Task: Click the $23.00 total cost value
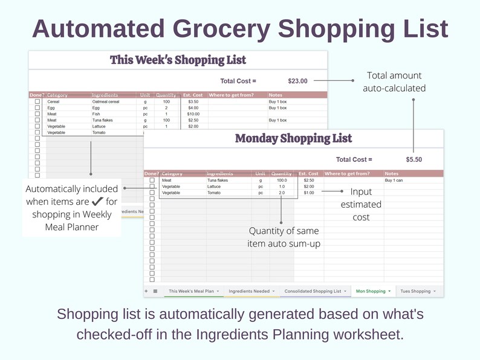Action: tap(297, 81)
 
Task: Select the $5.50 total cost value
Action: tap(414, 159)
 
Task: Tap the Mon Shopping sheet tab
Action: tap(371, 291)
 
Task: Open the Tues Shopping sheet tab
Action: tap(415, 291)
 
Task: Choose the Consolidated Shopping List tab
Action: tap(313, 291)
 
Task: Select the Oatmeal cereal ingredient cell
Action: tap(106, 101)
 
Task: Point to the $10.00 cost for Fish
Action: tap(193, 114)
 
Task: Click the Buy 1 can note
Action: tap(394, 180)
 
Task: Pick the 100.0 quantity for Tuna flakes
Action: tap(282, 180)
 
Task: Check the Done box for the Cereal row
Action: tap(37, 101)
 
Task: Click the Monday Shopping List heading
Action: tap(293, 138)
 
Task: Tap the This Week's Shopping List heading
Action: tap(178, 60)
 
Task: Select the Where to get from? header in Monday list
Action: tap(347, 174)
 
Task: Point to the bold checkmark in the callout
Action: tap(97, 202)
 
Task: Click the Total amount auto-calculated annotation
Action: tap(394, 82)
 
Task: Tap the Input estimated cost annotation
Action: tap(361, 204)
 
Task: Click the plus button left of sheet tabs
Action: tap(146, 291)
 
